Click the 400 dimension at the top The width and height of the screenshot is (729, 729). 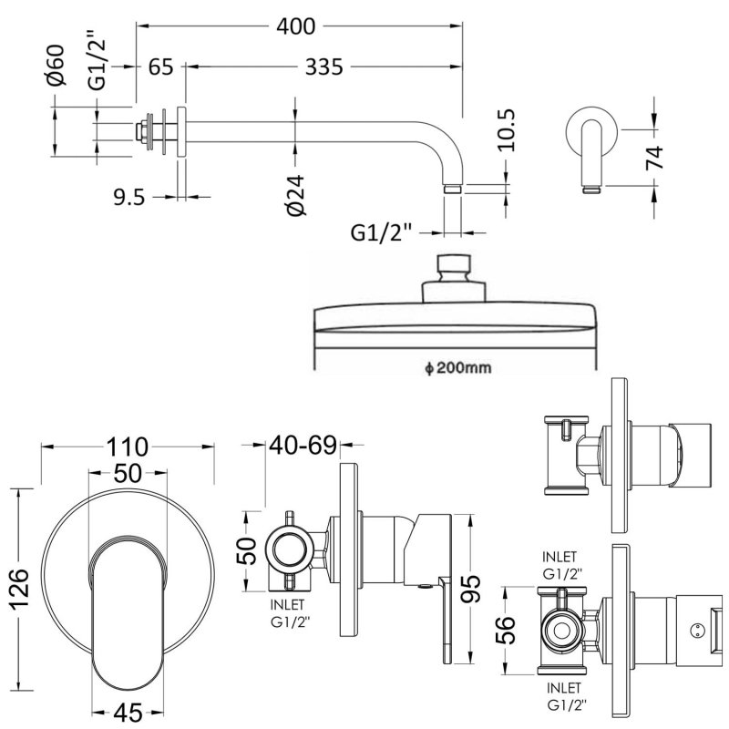pyautogui.click(x=298, y=26)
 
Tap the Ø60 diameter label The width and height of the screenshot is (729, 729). pyautogui.click(x=56, y=67)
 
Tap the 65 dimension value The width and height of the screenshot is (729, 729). pyautogui.click(x=161, y=67)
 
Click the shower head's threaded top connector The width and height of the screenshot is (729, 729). pyautogui.click(x=454, y=269)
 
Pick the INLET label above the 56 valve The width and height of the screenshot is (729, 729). pyautogui.click(x=560, y=555)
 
